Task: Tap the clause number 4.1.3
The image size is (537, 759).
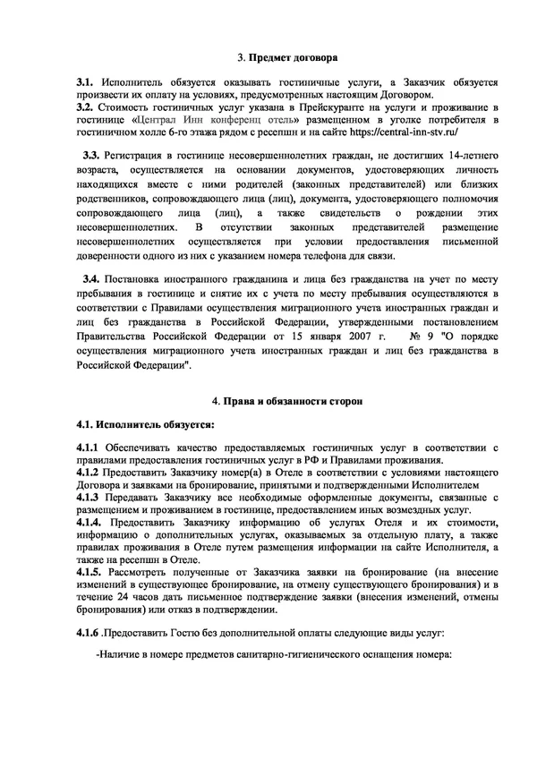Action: click(x=90, y=495)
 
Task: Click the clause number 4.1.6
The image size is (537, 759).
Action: click(x=89, y=632)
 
